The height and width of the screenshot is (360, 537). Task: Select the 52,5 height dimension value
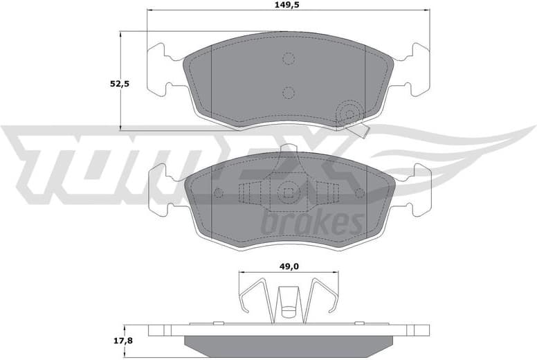(120, 84)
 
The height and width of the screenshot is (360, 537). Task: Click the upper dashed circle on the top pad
(289, 59)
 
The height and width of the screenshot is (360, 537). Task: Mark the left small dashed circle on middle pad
(218, 192)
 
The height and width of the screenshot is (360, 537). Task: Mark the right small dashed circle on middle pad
(359, 192)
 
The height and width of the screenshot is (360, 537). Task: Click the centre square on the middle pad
(289, 193)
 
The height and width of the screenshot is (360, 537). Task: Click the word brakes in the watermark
(312, 223)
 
